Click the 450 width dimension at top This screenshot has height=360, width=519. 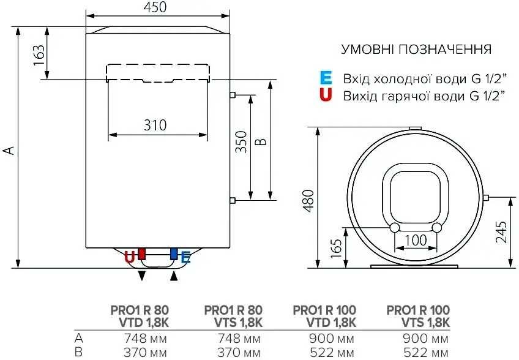point(158,7)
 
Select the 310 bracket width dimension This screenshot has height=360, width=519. point(155,126)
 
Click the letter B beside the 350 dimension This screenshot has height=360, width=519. point(261,141)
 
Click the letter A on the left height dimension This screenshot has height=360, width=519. point(9,150)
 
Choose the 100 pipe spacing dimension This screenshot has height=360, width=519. point(416,241)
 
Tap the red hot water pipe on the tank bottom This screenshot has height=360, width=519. point(142,253)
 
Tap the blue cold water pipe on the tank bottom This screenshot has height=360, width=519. point(174,253)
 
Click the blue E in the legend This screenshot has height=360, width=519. point(326,78)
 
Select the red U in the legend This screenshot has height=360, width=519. point(326,95)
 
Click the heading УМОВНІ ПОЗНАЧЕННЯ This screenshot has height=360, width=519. point(416,49)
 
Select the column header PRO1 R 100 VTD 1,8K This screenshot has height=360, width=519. point(324,316)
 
